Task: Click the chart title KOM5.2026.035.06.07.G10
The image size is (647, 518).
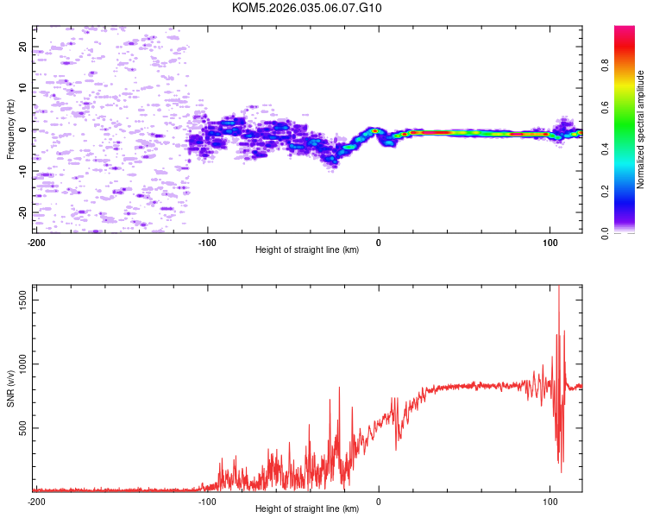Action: [307, 8]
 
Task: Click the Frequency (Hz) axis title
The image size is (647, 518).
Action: [10, 129]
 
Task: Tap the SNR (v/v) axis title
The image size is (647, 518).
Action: [10, 389]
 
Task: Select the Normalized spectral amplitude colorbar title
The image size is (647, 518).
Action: [641, 129]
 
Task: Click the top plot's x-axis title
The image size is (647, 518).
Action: [307, 250]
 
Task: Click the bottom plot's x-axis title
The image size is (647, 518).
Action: [307, 509]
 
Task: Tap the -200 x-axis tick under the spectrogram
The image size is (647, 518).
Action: [36, 241]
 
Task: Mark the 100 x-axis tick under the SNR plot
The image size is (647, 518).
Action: [550, 501]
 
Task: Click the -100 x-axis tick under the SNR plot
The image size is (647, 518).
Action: [207, 501]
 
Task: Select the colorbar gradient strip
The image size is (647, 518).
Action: [624, 129]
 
